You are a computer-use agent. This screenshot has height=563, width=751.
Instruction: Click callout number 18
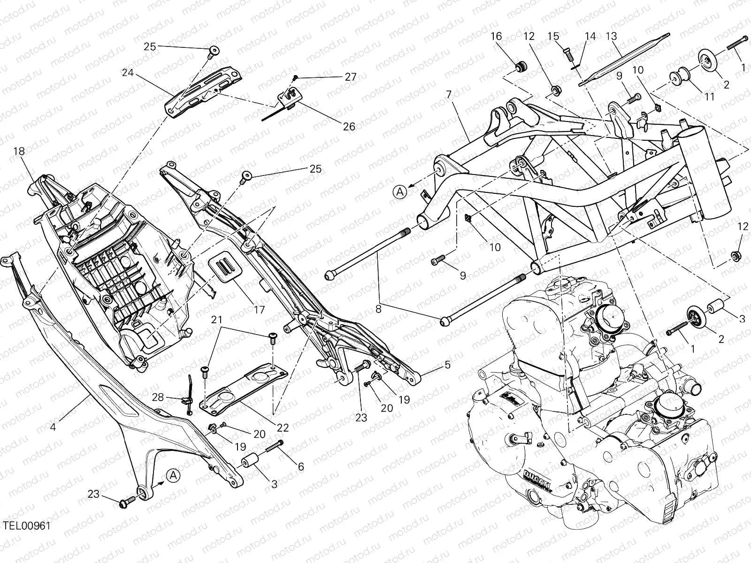point(19,151)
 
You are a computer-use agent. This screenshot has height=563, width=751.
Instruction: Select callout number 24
point(128,73)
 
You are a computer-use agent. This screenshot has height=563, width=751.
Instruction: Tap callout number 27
point(351,77)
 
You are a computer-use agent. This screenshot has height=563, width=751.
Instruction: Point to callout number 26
point(349,126)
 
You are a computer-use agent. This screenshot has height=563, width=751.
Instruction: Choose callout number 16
point(496,36)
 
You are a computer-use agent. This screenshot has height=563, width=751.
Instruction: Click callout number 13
point(611,36)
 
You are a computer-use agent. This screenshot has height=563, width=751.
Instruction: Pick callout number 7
point(449,94)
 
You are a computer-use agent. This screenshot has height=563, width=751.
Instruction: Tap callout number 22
point(283,427)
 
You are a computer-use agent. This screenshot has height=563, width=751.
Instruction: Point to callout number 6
point(300,466)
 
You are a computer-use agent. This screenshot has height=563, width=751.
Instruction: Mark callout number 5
point(447,364)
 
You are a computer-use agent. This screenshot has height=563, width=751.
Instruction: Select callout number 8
point(379,310)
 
